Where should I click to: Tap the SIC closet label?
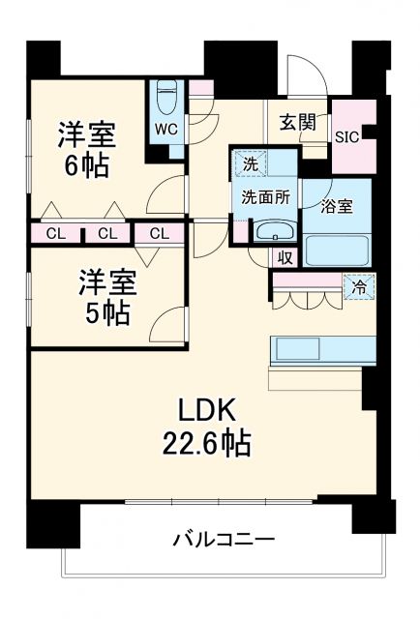pyautogui.click(x=347, y=136)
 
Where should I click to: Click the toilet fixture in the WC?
pyautogui.click(x=165, y=98)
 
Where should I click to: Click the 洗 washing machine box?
pyautogui.click(x=250, y=164)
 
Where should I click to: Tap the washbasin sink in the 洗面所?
pyautogui.click(x=275, y=232)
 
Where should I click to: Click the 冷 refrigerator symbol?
pyautogui.click(x=358, y=285)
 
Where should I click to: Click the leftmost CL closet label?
pyautogui.click(x=55, y=233)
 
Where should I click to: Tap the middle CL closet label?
pyautogui.click(x=106, y=233)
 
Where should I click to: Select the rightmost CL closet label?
pyautogui.click(x=160, y=233)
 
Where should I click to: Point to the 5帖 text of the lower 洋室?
pyautogui.click(x=107, y=313)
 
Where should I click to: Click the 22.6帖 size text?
pyautogui.click(x=206, y=444)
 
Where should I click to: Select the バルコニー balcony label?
pyautogui.click(x=225, y=539)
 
